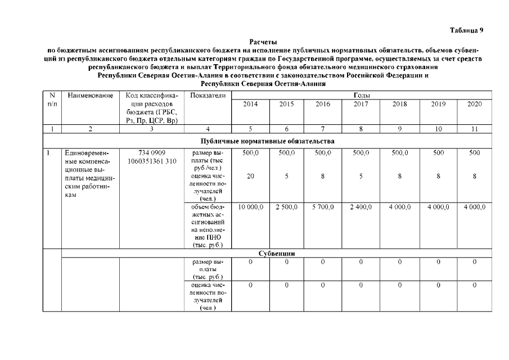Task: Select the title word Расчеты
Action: (x=263, y=42)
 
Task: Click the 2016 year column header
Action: (x=322, y=104)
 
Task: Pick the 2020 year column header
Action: (x=475, y=104)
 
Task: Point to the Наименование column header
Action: (x=90, y=96)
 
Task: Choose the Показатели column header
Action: (x=208, y=96)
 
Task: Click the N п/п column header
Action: (x=52, y=100)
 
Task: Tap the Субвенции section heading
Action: (x=277, y=253)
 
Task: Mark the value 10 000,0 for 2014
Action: (x=250, y=208)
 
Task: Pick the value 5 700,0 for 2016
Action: (x=323, y=208)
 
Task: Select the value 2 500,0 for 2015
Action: (x=286, y=208)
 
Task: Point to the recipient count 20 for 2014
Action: (x=250, y=176)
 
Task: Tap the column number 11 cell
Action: (x=475, y=129)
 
